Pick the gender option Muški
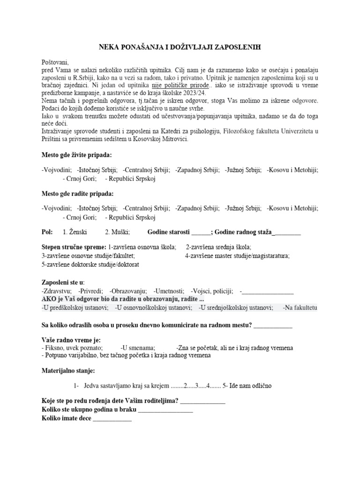tap(117, 232)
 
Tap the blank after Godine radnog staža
tap(286, 232)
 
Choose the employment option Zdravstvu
tap(57, 291)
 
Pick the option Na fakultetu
tap(300, 308)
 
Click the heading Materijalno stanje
tap(67, 371)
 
